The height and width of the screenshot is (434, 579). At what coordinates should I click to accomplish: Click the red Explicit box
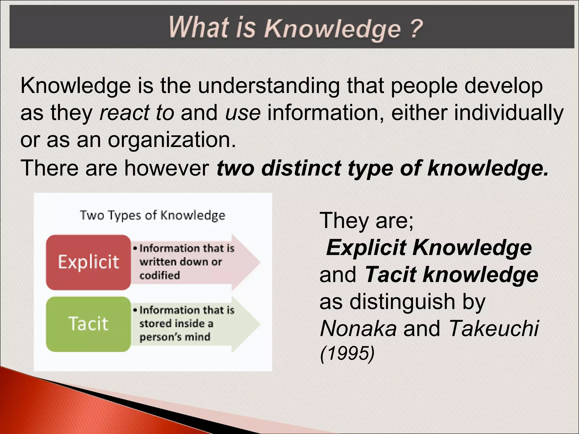pyautogui.click(x=88, y=262)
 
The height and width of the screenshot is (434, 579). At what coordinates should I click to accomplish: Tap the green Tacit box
pyautogui.click(x=88, y=324)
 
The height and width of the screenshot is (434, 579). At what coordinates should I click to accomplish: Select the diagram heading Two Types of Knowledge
pyautogui.click(x=153, y=215)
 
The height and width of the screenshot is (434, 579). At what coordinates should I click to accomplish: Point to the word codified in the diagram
pyautogui.click(x=159, y=275)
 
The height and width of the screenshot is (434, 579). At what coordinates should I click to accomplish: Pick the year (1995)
pyautogui.click(x=347, y=353)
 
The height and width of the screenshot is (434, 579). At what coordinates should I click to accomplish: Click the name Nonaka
pyautogui.click(x=358, y=328)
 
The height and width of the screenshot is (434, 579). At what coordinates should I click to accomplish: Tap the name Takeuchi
pyautogui.click(x=494, y=328)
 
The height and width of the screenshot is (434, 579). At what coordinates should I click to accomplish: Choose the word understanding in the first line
pyautogui.click(x=269, y=86)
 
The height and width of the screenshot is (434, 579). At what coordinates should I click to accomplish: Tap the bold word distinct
pyautogui.click(x=301, y=168)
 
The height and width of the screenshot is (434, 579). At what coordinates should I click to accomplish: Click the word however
pyautogui.click(x=167, y=168)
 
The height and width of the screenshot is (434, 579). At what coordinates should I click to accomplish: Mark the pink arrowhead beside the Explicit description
pyautogui.click(x=247, y=262)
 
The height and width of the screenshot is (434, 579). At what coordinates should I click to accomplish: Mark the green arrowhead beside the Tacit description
pyautogui.click(x=247, y=324)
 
